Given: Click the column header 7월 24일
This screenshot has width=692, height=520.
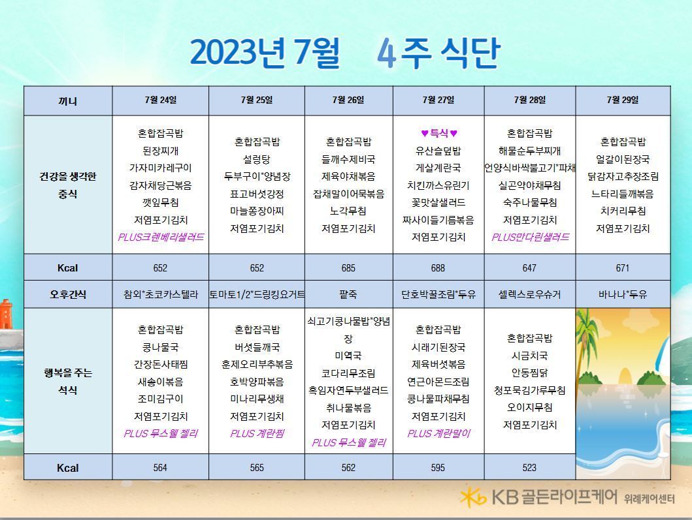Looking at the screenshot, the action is tap(160, 100).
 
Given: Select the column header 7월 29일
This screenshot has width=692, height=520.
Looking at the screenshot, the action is tap(622, 100).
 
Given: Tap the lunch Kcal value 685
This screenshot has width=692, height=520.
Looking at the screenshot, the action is tap(348, 268).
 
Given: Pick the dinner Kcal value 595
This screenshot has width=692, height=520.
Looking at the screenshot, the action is tap(438, 468).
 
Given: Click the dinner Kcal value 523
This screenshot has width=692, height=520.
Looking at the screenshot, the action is tap(529, 468).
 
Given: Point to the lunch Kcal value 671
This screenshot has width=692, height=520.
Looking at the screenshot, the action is tap(622, 268).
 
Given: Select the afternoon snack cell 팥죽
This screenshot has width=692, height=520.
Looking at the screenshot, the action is tap(348, 294).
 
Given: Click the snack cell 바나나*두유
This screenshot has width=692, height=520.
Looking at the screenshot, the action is tap(622, 294).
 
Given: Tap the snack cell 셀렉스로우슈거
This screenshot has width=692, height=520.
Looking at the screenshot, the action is tap(529, 294).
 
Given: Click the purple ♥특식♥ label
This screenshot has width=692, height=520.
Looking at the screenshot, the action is tap(438, 133).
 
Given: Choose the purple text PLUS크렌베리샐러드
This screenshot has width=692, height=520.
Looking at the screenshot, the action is tap(161, 237).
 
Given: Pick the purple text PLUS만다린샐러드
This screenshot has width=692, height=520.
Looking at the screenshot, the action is tap(530, 237).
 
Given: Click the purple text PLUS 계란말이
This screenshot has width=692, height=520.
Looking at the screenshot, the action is tap(438, 434).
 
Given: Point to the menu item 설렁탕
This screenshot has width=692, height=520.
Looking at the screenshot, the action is tap(256, 159).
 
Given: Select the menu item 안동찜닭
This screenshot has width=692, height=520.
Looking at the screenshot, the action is tap(529, 373).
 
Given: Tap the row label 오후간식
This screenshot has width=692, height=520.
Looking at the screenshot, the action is tap(67, 294).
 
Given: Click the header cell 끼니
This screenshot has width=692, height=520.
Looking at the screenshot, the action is tap(67, 101).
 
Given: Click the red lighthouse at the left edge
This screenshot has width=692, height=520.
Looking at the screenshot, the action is tap(5, 314).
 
